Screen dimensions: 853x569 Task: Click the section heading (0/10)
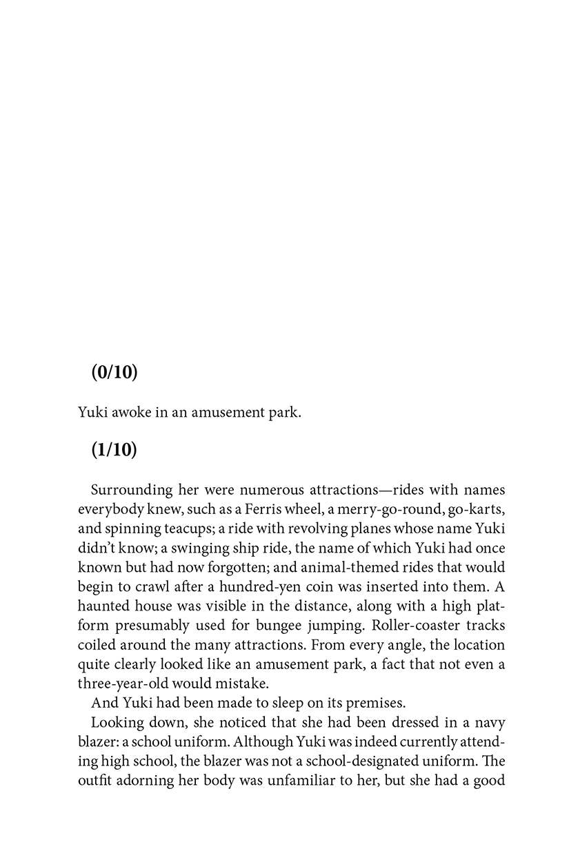114,372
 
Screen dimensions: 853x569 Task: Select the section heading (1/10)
114,450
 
